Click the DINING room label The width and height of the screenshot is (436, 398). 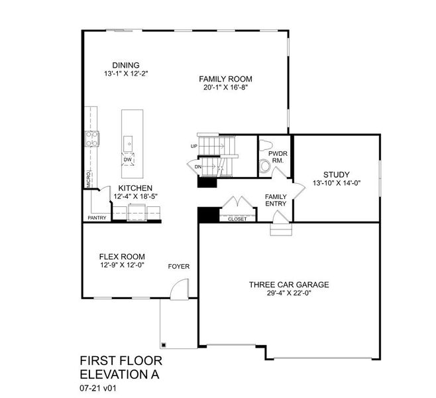click(125, 65)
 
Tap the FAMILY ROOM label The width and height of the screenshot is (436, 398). click(225, 79)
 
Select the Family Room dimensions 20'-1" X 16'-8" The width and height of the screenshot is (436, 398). click(225, 88)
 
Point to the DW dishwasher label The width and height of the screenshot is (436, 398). click(129, 160)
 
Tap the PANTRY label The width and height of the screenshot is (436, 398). click(97, 218)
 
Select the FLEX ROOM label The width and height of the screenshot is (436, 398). click(122, 257)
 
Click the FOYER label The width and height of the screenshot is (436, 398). click(178, 267)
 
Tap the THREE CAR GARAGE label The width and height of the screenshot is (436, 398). click(289, 285)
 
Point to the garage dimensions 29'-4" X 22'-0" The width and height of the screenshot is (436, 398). click(289, 295)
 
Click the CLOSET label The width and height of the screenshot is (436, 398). click(237, 219)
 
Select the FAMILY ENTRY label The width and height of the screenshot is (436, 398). click(276, 200)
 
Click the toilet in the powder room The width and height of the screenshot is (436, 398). click(265, 165)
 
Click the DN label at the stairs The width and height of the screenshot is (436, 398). click(199, 166)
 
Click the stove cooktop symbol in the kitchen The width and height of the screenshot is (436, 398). click(92, 139)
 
